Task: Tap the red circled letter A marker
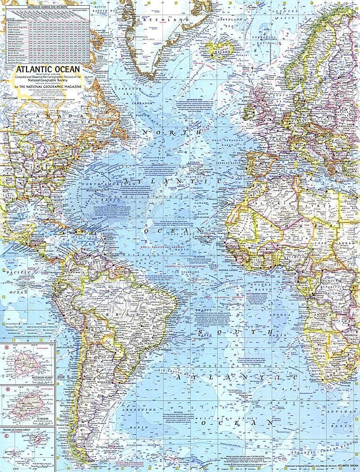pos(7,348)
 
